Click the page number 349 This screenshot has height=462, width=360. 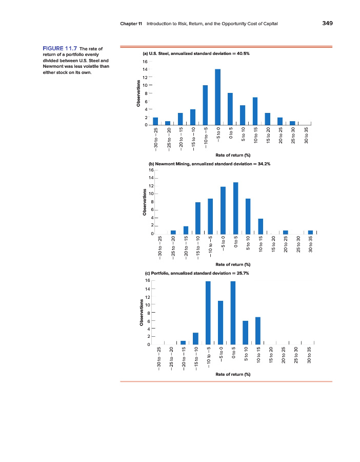click(327, 23)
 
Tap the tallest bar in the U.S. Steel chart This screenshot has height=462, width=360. click(217, 97)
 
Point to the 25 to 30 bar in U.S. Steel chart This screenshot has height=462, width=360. click(292, 123)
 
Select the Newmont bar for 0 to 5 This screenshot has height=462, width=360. click(235, 208)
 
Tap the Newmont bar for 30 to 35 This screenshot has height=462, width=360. click(310, 232)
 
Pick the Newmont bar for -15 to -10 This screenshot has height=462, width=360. click(198, 218)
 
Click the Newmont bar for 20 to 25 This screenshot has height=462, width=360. click(285, 232)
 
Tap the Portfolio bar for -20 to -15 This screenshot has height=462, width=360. click(183, 342)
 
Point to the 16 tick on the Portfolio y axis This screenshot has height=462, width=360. click(147, 281)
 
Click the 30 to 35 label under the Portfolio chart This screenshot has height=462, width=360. click(309, 355)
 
